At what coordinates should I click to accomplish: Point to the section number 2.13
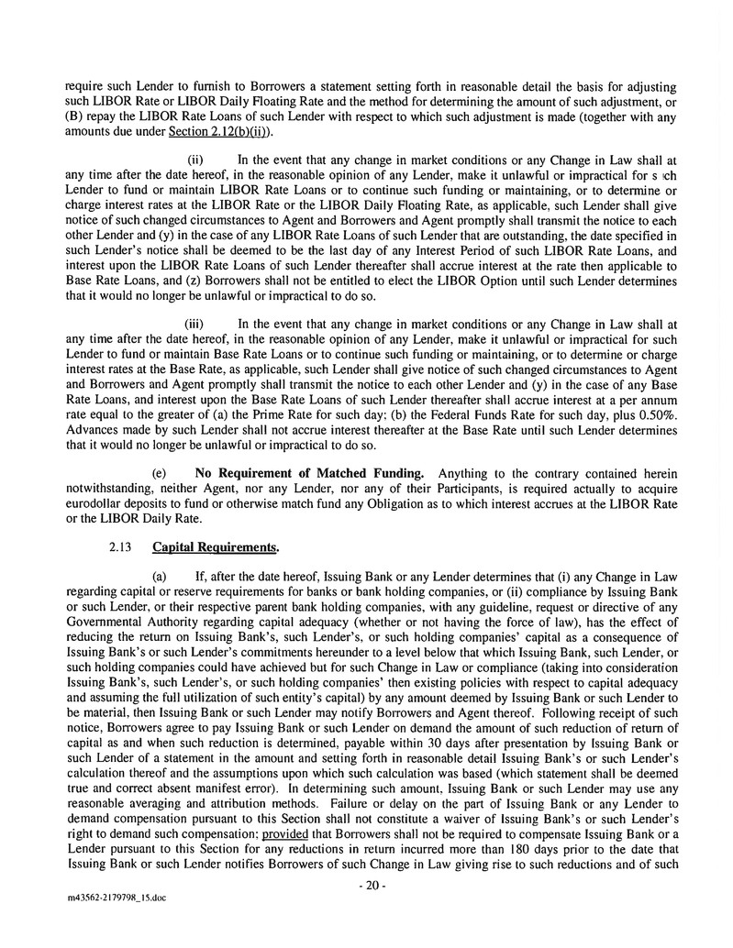point(121,548)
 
